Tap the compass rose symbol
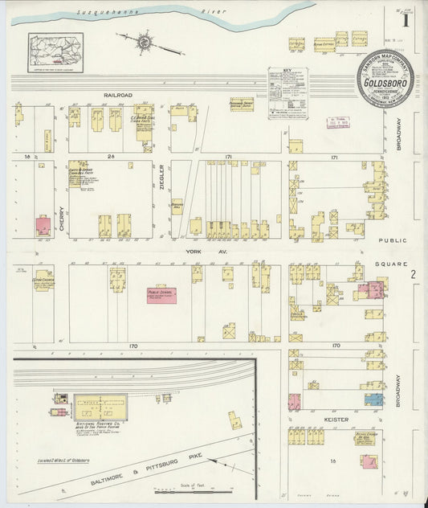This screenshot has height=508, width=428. point(145,40)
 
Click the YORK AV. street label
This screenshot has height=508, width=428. point(198,252)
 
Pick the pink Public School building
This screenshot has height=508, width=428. point(161,296)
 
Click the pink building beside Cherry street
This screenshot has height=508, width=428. point(43,224)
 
